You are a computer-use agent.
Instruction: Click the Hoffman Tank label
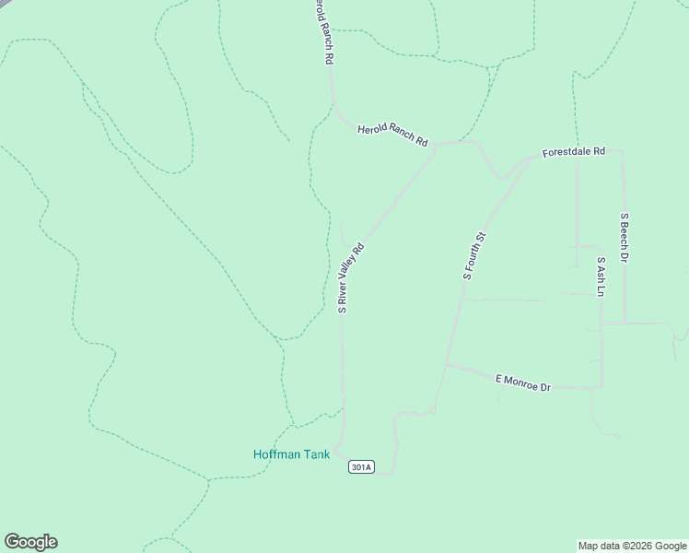click(x=291, y=454)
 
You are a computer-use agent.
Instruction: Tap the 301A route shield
click(x=361, y=467)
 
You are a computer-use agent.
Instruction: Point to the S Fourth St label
click(x=473, y=256)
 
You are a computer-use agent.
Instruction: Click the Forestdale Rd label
click(x=573, y=151)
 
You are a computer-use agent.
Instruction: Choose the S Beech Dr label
click(x=624, y=238)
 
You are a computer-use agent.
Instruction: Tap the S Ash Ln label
click(x=601, y=276)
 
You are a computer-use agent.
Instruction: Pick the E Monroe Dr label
click(x=522, y=382)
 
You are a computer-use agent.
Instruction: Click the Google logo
click(x=30, y=542)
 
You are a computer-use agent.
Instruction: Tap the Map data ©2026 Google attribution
click(x=633, y=546)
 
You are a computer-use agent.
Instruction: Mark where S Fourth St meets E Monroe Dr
click(x=447, y=365)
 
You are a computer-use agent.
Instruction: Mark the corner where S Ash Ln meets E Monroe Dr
click(x=601, y=387)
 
